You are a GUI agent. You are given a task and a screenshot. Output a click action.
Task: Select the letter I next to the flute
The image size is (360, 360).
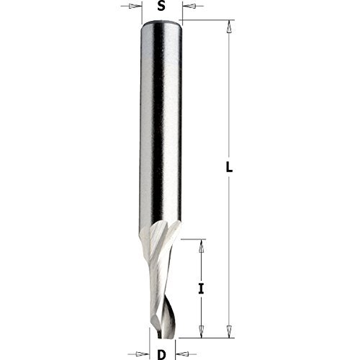(x=202, y=289)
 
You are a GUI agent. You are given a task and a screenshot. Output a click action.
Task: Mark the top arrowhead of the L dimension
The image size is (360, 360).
(x=230, y=28)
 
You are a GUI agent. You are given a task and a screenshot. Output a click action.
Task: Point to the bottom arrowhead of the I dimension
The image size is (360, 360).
(x=202, y=330)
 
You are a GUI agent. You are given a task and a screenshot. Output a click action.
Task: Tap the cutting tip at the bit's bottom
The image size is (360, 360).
(x=163, y=333)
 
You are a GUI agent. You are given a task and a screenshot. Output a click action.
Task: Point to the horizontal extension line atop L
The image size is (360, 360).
(x=209, y=21)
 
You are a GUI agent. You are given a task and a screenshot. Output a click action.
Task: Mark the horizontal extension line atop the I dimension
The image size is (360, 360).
(x=191, y=237)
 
